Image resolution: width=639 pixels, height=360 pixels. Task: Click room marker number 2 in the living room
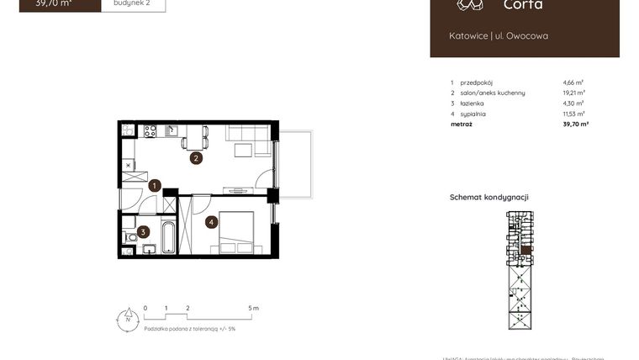pyautogui.click(x=195, y=157)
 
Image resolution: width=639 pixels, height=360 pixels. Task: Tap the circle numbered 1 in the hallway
pyautogui.click(x=155, y=186)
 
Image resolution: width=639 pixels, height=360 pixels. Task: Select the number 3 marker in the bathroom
pyautogui.click(x=144, y=232)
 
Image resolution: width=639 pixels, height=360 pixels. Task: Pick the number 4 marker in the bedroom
pyautogui.click(x=212, y=222)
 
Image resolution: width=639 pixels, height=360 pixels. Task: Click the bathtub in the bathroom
pyautogui.click(x=168, y=236)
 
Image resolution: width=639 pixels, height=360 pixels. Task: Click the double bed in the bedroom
pyautogui.click(x=237, y=232)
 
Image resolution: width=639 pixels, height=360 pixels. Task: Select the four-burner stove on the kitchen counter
pyautogui.click(x=151, y=130)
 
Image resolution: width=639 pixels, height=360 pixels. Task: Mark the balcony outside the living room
pyautogui.click(x=296, y=164)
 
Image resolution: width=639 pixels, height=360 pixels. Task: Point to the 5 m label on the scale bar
pyautogui.click(x=255, y=309)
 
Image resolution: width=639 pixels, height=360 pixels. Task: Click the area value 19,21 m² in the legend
pyautogui.click(x=574, y=93)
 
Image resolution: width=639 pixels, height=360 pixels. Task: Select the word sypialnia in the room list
pyautogui.click(x=473, y=114)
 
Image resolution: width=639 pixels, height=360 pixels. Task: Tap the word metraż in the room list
pyautogui.click(x=461, y=124)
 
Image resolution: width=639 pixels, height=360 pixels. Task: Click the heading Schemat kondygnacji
pyautogui.click(x=488, y=198)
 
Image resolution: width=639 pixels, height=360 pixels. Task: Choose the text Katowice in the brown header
pyautogui.click(x=467, y=35)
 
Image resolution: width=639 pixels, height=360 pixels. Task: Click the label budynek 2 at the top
pyautogui.click(x=133, y=3)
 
